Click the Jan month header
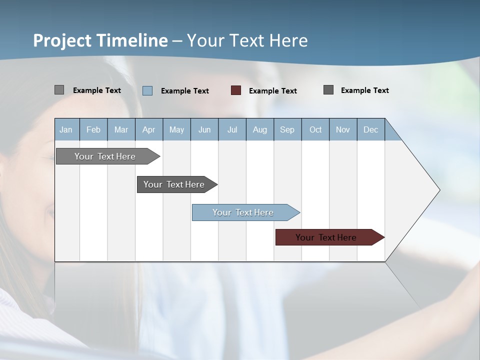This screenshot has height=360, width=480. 66,129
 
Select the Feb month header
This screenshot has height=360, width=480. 93,129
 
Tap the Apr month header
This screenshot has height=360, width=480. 148,129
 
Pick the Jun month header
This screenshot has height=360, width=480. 204,129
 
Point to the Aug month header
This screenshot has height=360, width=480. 259,129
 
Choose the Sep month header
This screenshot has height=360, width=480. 287,129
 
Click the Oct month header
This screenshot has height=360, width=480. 315,129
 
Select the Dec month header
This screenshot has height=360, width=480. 370,129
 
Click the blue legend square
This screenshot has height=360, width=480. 147,90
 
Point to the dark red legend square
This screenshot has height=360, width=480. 236,90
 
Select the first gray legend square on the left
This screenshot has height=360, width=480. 59,90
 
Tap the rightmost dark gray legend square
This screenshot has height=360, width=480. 328,90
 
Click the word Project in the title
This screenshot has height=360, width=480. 62,40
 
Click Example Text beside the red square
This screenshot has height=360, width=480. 273,91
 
